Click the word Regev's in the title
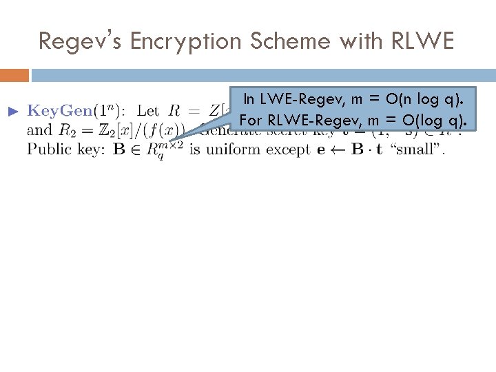click(x=79, y=41)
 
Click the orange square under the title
click(x=14, y=74)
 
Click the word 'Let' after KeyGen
click(x=149, y=111)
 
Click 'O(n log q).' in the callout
click(x=424, y=99)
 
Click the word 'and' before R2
click(x=40, y=130)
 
